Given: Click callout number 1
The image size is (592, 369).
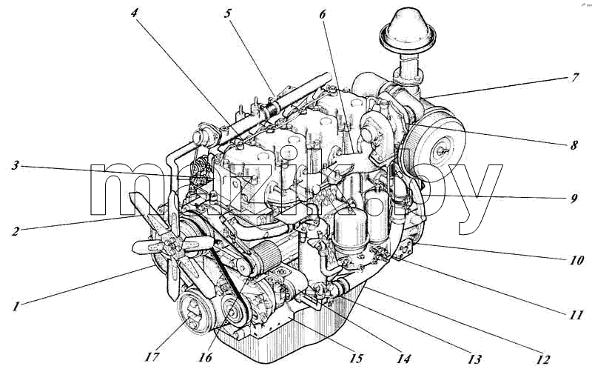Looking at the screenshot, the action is tap(15, 305).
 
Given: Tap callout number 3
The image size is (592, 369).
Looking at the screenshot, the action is tap(15, 165).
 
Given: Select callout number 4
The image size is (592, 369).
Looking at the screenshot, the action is tap(135, 13).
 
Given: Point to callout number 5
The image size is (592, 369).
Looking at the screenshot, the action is tap(227, 13).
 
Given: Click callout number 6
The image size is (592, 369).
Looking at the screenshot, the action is tap(322, 14).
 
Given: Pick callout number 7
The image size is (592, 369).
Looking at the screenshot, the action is tap(574, 78).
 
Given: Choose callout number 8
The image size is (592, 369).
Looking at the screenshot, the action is tap(574, 145).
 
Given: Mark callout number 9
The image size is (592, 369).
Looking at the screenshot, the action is tap(574, 199).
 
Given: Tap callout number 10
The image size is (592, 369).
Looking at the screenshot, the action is tap(576, 260).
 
